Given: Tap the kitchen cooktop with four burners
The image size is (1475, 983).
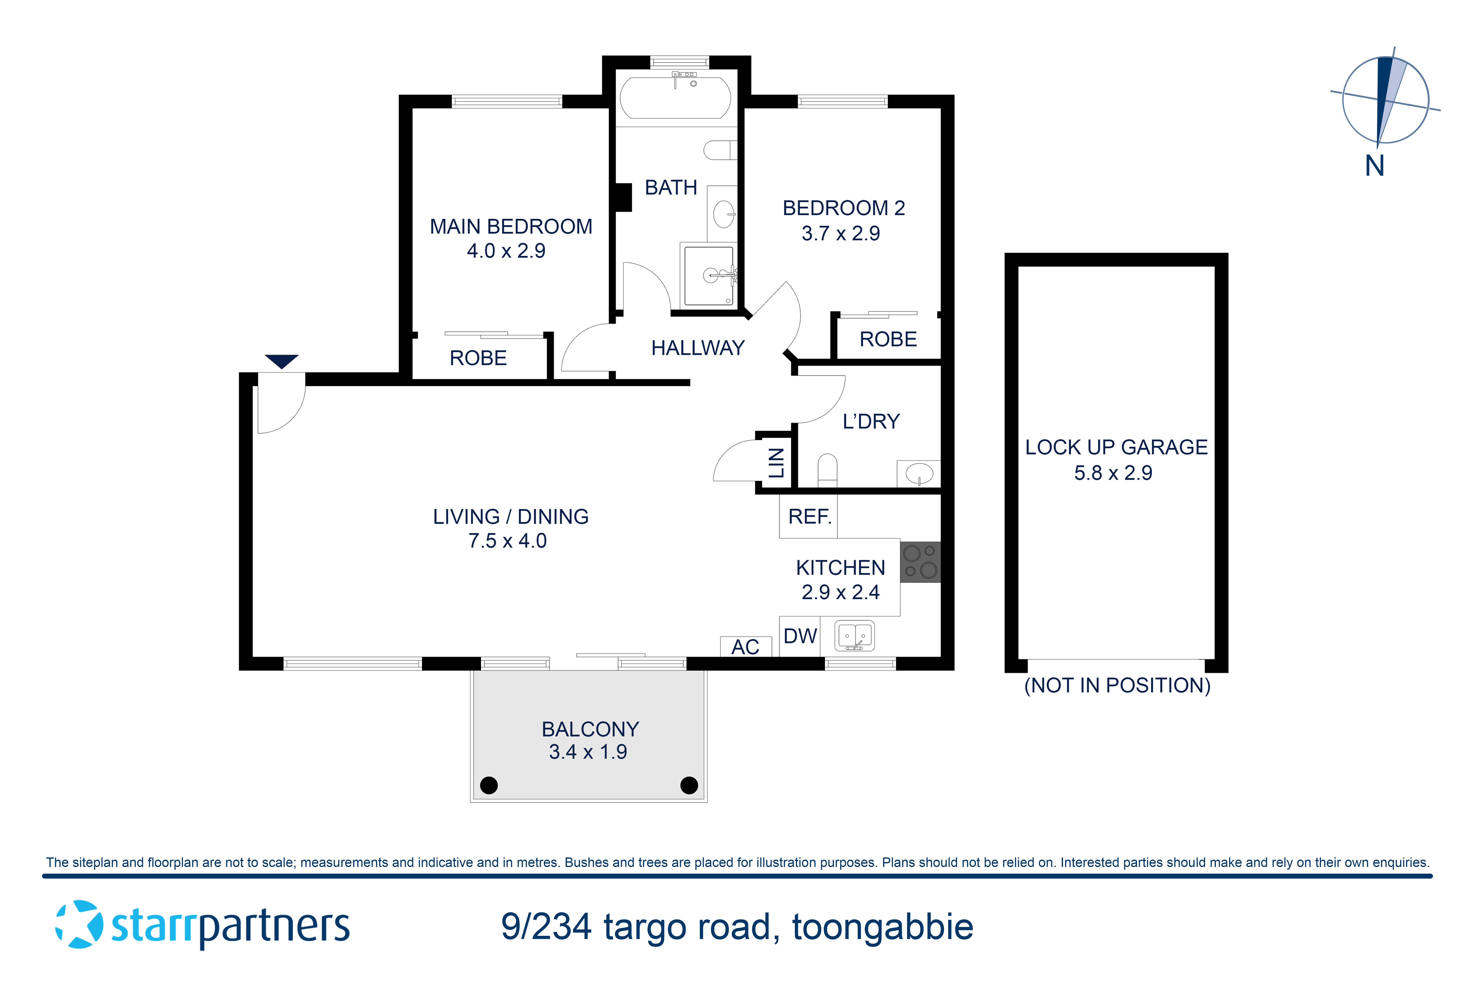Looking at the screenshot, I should tap(920, 562).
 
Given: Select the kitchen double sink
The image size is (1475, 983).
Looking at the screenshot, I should tap(854, 636).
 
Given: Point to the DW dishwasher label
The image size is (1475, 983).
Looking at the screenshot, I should tap(800, 636).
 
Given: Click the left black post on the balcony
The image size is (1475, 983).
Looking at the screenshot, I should tap(488, 785).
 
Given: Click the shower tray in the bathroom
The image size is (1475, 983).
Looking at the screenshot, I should tap(709, 276).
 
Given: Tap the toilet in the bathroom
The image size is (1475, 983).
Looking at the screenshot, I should tap(720, 150).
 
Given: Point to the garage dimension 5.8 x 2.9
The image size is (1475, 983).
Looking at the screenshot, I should tap(1113, 473).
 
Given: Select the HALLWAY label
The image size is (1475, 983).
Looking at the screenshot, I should tap(697, 348).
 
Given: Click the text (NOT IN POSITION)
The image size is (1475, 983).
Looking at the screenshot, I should tap(1117, 685).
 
